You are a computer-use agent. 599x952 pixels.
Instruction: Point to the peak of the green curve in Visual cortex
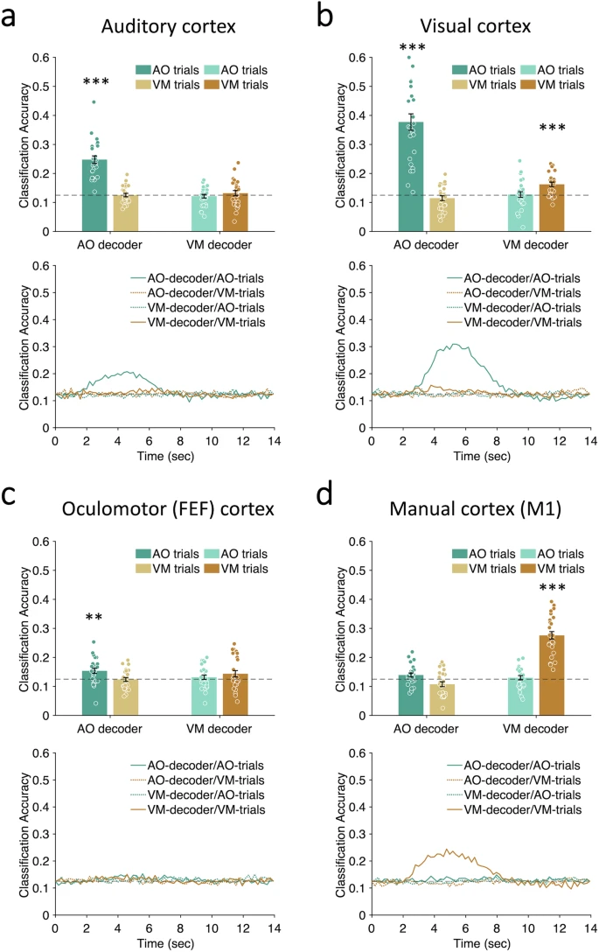point(456,345)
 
